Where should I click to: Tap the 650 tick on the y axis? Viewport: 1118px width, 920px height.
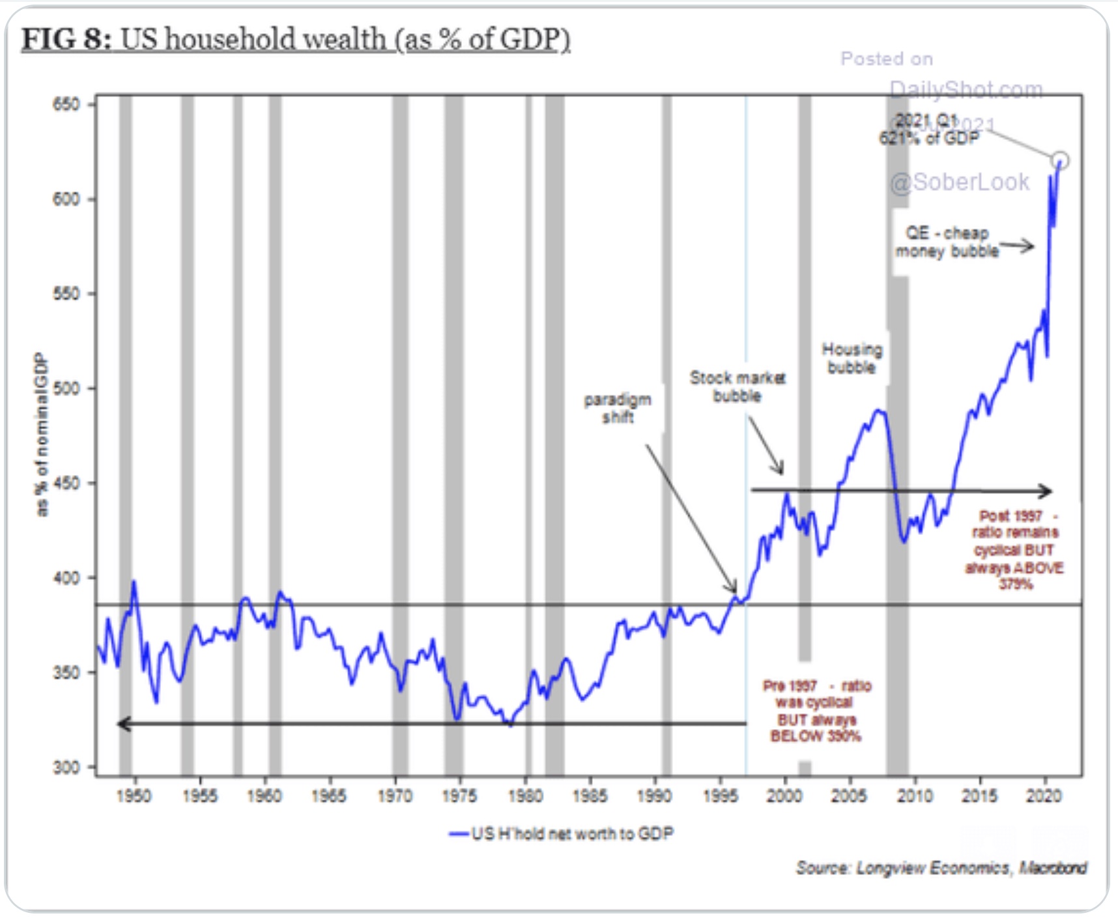tap(66, 104)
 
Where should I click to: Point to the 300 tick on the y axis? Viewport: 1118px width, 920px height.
tap(66, 767)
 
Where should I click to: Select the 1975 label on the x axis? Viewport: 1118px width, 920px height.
tap(460, 796)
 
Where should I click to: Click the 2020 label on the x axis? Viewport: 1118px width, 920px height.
tap(1044, 796)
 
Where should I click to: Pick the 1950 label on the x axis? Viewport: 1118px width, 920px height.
tap(134, 796)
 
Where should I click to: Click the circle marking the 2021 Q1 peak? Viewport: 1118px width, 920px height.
tap(1060, 160)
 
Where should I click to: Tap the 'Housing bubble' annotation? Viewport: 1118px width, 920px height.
tap(852, 358)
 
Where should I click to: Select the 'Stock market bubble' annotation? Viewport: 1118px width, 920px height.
tap(738, 386)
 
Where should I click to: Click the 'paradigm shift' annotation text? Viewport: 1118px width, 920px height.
tap(618, 409)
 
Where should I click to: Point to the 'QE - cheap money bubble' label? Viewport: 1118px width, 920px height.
tap(947, 242)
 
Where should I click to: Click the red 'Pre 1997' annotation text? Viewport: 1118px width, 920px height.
tap(816, 711)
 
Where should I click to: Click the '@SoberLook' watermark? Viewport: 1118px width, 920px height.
tap(960, 182)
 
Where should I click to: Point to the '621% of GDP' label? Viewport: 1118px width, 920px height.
tap(929, 138)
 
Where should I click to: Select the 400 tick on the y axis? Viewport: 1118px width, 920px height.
tap(66, 578)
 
